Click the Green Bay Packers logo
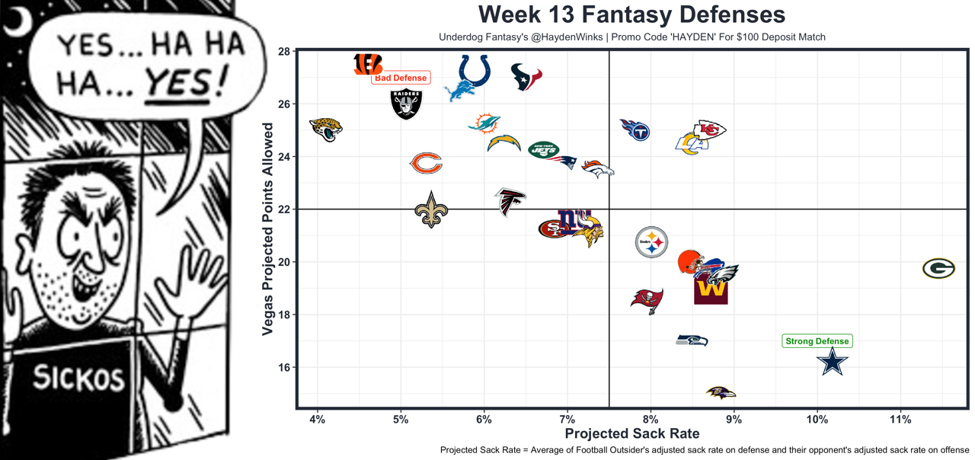click(x=938, y=268)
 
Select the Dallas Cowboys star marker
click(x=833, y=363)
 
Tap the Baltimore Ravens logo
click(x=721, y=393)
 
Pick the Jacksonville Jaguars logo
click(x=326, y=129)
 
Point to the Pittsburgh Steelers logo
click(x=651, y=243)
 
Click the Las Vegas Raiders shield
click(x=406, y=104)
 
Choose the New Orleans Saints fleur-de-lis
click(x=431, y=210)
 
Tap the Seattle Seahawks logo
click(x=692, y=340)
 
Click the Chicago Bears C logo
click(x=426, y=163)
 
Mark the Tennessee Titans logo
click(x=635, y=130)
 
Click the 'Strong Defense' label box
click(x=817, y=341)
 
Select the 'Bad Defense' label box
click(x=401, y=78)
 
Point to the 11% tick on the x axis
click(x=900, y=420)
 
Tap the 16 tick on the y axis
click(x=282, y=367)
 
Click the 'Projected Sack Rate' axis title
click(x=631, y=433)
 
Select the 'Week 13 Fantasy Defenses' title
click(x=631, y=14)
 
